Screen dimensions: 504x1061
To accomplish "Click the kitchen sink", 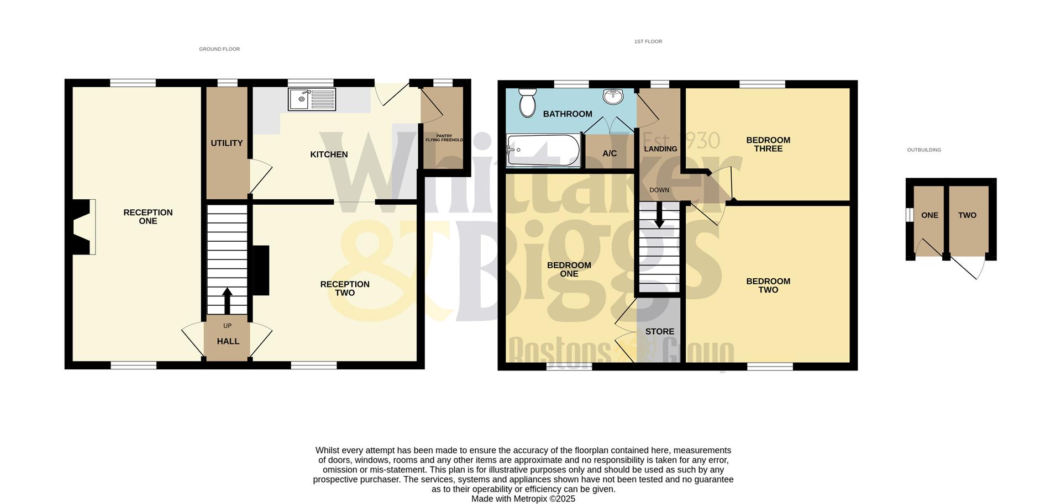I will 312,99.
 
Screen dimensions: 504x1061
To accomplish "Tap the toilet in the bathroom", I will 528,102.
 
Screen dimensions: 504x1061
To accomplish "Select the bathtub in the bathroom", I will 543,150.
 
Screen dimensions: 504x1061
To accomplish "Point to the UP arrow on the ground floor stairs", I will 227,300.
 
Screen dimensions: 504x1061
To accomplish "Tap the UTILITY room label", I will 227,143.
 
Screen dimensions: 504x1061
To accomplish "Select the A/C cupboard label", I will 610,153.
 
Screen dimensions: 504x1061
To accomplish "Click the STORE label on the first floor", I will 660,331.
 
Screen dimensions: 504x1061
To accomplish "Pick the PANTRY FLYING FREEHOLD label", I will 444,138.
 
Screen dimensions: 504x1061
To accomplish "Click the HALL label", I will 228,342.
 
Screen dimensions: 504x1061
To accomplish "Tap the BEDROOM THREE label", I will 768,144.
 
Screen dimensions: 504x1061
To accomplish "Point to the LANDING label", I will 660,148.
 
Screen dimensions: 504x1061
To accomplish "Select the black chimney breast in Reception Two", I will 261,270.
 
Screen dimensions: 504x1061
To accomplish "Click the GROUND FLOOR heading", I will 219,49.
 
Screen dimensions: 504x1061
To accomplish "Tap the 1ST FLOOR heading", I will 648,41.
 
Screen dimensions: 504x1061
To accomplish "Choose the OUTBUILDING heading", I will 924,150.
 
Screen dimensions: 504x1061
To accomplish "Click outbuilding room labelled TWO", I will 967,215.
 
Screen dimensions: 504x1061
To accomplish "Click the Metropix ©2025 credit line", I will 523,499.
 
